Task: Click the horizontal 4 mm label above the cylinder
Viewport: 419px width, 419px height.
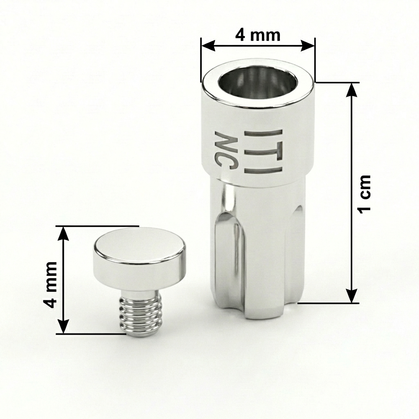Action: click(x=257, y=35)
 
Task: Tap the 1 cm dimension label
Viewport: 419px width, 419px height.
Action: click(x=364, y=193)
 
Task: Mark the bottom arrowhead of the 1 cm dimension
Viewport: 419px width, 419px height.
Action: click(x=351, y=296)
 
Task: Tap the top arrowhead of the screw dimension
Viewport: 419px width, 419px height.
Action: click(x=63, y=233)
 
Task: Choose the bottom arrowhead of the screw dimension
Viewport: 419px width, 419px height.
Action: click(x=63, y=327)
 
